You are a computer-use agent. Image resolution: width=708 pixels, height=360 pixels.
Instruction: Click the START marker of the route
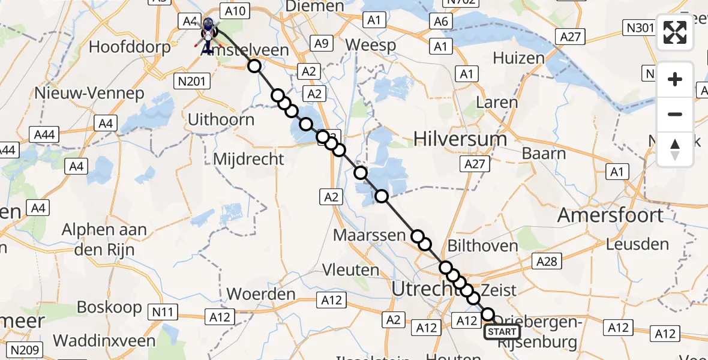[502, 332]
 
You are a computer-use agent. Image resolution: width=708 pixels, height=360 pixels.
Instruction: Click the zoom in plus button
[675, 80]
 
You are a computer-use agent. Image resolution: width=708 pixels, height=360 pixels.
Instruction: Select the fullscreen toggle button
[675, 32]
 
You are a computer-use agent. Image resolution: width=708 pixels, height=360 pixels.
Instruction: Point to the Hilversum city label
[460, 139]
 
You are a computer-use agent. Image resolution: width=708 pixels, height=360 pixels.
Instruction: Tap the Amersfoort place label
[610, 215]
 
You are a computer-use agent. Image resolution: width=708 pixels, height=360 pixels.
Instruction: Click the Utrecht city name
[427, 289]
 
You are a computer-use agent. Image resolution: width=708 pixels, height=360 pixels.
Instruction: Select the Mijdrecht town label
[248, 159]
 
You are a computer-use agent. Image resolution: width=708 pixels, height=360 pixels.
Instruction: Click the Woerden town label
[262, 294]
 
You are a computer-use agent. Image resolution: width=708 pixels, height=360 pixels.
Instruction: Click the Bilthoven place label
[482, 246]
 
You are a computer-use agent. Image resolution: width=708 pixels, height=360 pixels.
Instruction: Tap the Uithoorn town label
[221, 119]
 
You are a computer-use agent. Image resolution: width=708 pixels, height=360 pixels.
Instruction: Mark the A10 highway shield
[235, 11]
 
